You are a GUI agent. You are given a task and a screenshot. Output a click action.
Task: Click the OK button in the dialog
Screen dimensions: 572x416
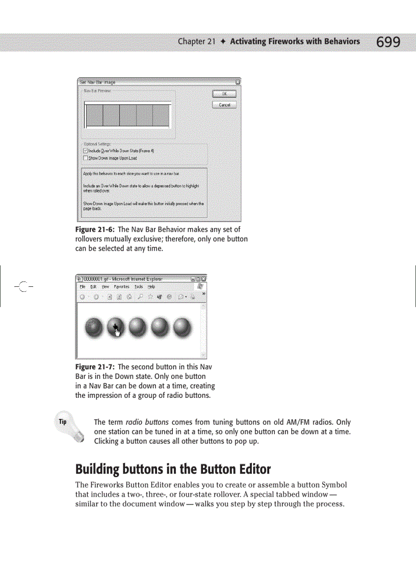click(x=224, y=94)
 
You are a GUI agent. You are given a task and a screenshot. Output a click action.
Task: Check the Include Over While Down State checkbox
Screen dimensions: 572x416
click(x=86, y=151)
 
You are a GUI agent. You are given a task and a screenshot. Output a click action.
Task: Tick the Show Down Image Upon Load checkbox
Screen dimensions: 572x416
click(x=86, y=158)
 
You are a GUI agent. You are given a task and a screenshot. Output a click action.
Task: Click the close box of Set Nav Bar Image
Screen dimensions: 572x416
click(x=238, y=81)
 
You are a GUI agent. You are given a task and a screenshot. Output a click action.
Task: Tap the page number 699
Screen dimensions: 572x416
click(x=388, y=42)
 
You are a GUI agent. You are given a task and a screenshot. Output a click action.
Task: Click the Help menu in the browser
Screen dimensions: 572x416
click(x=151, y=287)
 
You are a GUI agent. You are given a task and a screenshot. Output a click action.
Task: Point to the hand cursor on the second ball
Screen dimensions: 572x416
click(x=117, y=332)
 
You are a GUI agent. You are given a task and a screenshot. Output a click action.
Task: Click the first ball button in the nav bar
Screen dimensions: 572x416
click(x=94, y=327)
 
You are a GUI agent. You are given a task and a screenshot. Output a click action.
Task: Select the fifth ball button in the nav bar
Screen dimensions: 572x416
click(x=181, y=327)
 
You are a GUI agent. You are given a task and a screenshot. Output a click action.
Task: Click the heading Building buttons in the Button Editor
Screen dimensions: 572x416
click(x=173, y=469)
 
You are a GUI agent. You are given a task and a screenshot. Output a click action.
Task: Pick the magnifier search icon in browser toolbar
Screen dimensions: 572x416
click(x=140, y=296)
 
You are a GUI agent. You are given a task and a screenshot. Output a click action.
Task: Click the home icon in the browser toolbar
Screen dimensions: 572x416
click(x=129, y=296)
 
